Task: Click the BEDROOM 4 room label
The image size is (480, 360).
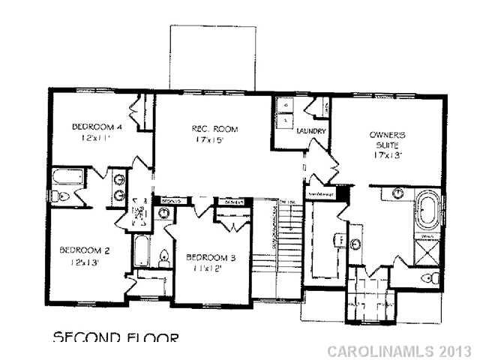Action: coord(97,126)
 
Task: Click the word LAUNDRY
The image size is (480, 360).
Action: coord(310,132)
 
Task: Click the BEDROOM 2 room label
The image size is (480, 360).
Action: coord(85,250)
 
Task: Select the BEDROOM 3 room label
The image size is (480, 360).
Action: coord(211,259)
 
